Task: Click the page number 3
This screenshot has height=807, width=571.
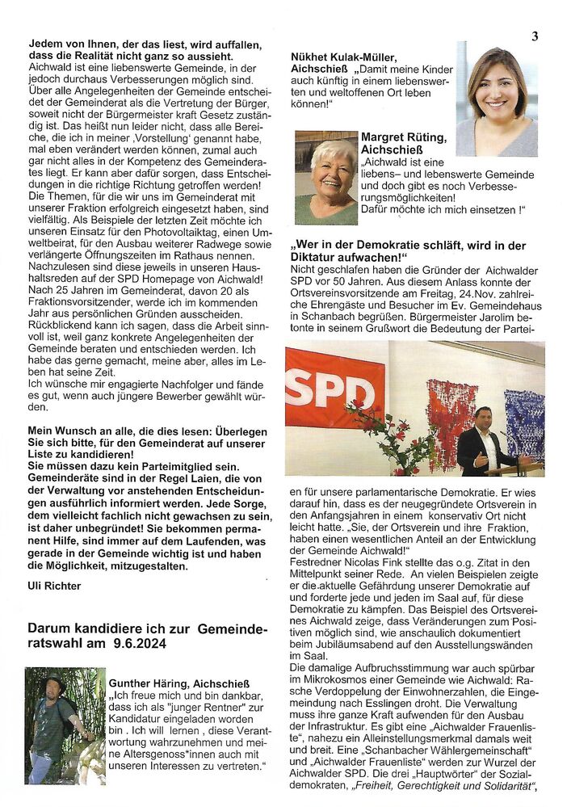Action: tap(535, 36)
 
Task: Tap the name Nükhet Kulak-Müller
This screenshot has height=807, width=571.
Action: tap(339, 57)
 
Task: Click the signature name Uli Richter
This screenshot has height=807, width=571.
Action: tap(55, 586)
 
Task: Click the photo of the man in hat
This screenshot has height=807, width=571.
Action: tap(65, 725)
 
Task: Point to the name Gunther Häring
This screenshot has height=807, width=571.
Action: tap(152, 683)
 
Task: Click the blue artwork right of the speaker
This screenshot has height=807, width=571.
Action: tap(524, 424)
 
